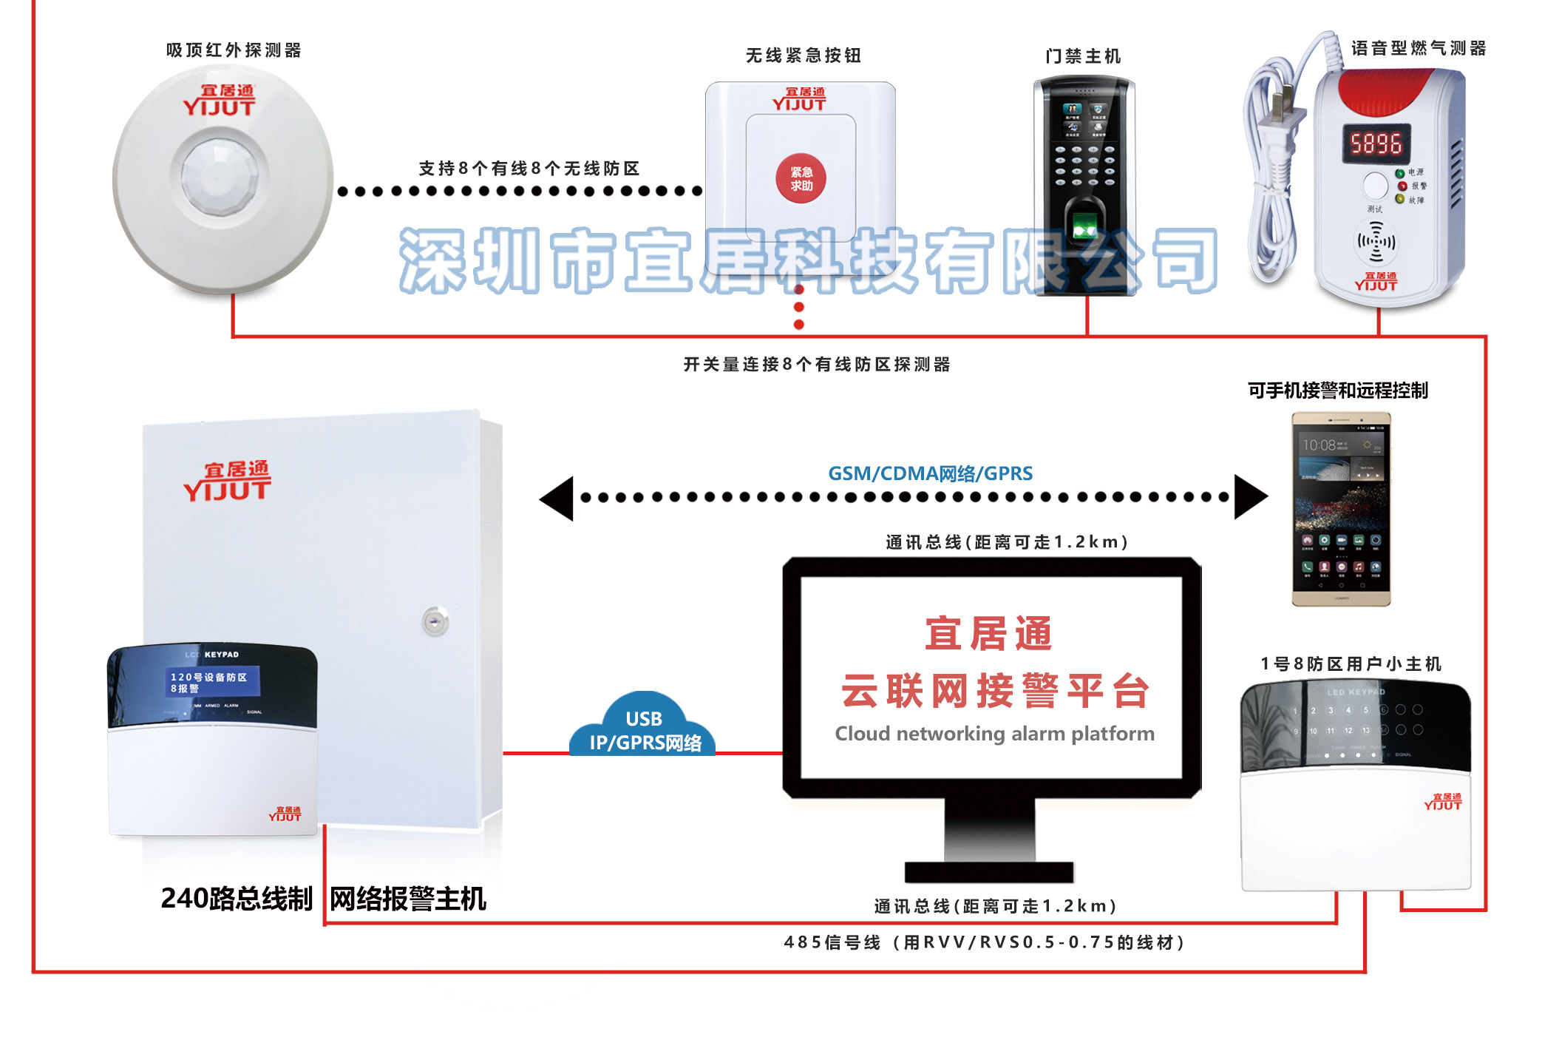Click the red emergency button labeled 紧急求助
click(x=801, y=179)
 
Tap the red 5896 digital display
click(x=1376, y=143)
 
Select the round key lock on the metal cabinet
click(x=435, y=621)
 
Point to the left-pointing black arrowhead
click(x=558, y=499)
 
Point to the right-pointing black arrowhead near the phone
click(x=1250, y=497)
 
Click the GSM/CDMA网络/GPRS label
click(x=930, y=473)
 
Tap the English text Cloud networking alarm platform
click(x=994, y=734)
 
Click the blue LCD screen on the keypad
click(x=213, y=682)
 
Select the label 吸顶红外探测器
click(x=234, y=50)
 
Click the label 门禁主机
click(x=1083, y=56)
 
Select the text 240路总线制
click(x=237, y=899)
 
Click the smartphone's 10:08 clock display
click(x=1319, y=445)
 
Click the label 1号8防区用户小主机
click(x=1351, y=663)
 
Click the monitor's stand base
click(x=989, y=872)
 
